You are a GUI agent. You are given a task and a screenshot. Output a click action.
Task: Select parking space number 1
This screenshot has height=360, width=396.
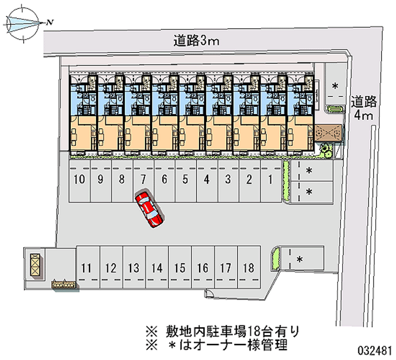[270, 180]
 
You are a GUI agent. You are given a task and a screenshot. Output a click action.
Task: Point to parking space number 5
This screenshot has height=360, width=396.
[185, 180]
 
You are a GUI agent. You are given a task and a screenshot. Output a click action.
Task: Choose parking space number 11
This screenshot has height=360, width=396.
[87, 269]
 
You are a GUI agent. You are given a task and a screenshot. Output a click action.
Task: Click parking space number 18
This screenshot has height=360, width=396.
[249, 269]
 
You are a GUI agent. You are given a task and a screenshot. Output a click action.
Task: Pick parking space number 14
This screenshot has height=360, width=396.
[157, 269]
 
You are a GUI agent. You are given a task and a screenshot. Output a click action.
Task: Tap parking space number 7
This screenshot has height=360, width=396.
[143, 180]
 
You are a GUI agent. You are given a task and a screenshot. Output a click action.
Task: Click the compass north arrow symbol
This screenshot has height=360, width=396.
[25, 22]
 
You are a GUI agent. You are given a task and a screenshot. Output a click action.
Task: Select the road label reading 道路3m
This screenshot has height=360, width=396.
[196, 41]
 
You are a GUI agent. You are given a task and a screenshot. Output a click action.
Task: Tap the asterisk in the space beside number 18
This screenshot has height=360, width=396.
[299, 259]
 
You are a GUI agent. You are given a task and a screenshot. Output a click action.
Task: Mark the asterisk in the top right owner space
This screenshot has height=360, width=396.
[335, 86]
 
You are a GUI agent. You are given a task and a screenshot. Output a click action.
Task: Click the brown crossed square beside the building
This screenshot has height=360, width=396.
[328, 133]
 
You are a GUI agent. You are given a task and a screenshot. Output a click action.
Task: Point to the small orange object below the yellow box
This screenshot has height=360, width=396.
[64, 285]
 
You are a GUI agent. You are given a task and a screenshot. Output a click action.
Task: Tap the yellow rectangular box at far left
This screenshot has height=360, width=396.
[35, 263]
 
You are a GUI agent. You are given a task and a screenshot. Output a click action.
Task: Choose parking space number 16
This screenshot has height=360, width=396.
[202, 269]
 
